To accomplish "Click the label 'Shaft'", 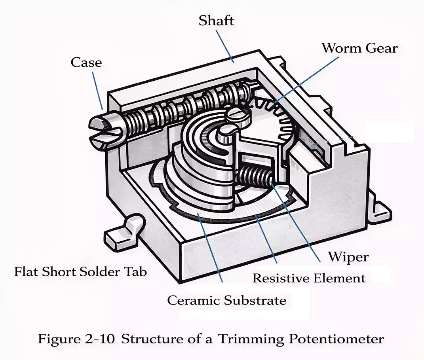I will [216, 21].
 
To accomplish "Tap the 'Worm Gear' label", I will [359, 48].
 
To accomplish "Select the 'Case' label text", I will [86, 62].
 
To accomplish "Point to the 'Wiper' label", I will [348, 257].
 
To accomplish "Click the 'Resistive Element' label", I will [309, 278].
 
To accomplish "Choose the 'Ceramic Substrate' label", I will [226, 300].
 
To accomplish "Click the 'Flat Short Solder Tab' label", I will [80, 272].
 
